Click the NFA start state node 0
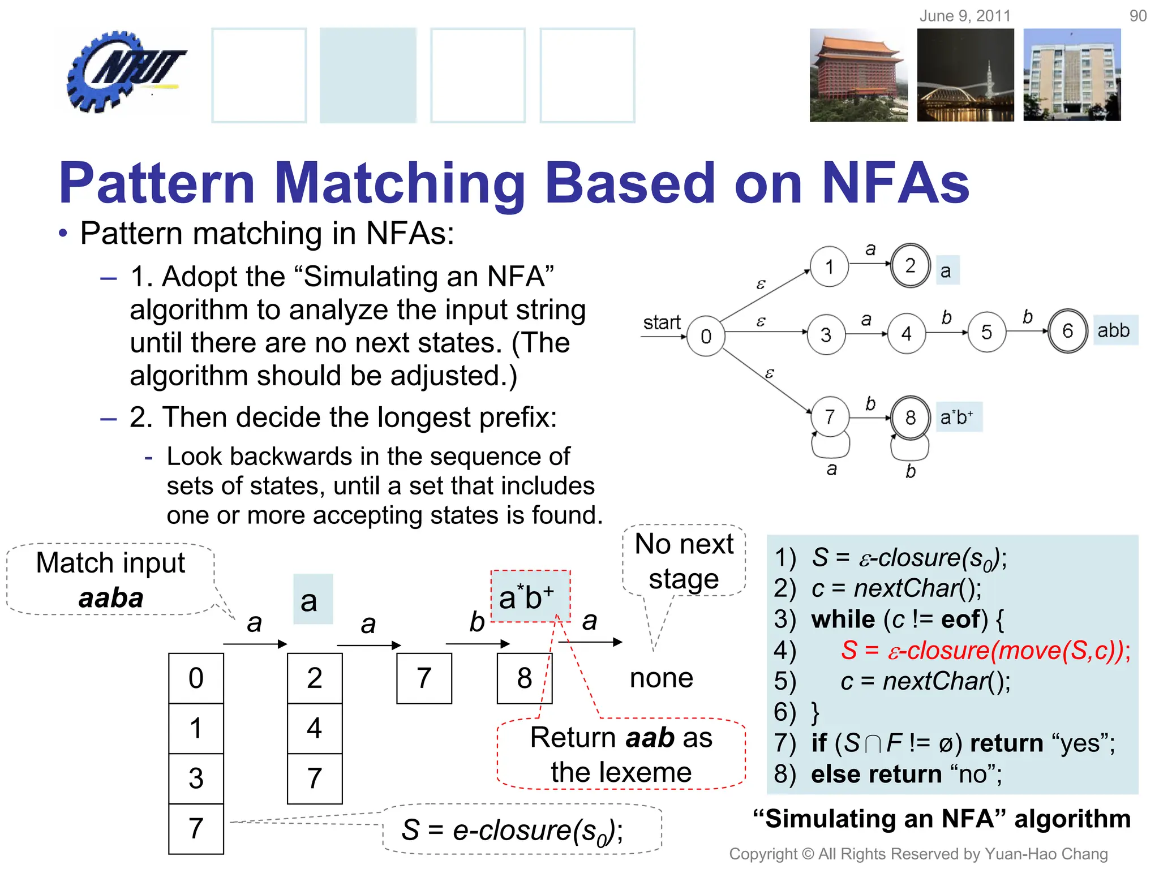click(x=706, y=337)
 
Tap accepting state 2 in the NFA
click(x=910, y=265)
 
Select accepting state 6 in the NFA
click(x=1067, y=331)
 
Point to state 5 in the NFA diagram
click(x=986, y=332)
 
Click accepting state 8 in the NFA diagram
click(x=910, y=418)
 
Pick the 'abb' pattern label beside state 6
click(x=1114, y=330)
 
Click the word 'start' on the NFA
click(x=661, y=322)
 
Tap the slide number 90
click(x=1137, y=16)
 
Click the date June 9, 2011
click(x=965, y=16)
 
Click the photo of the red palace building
click(x=858, y=75)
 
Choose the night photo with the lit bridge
click(x=965, y=75)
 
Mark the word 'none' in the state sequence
click(x=662, y=678)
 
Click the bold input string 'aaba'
click(x=111, y=598)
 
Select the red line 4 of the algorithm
click(x=985, y=650)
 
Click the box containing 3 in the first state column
click(x=196, y=778)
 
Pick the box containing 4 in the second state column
click(x=315, y=728)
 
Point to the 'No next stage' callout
click(x=684, y=561)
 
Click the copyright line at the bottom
click(x=918, y=854)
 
